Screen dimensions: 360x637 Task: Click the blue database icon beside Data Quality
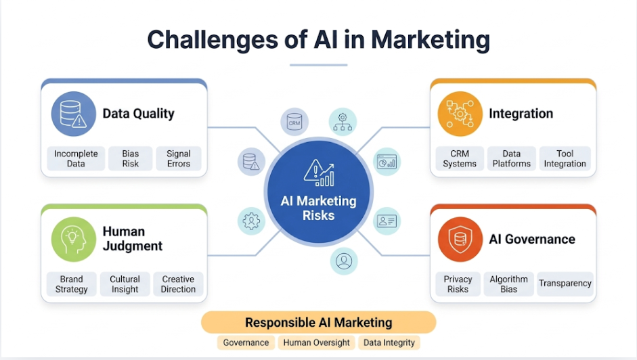[x=73, y=114]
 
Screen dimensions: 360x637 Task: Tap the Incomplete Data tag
[x=76, y=158]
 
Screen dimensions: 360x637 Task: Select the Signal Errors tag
[x=179, y=158]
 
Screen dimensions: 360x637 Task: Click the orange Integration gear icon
[x=460, y=114]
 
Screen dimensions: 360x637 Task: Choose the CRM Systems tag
[x=460, y=158]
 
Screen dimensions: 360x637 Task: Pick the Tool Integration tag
[x=565, y=158]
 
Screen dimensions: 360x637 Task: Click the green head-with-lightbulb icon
[x=73, y=239]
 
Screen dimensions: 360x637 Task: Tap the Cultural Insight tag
[x=125, y=284]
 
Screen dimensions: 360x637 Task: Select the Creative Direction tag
[x=178, y=284]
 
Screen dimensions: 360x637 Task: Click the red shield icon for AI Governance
[x=460, y=239]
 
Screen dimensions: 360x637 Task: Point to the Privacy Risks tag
[x=458, y=284]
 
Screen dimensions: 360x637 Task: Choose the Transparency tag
[x=565, y=284]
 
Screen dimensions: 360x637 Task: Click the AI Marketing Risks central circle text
[x=318, y=208]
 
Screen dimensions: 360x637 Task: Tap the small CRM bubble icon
[x=294, y=123]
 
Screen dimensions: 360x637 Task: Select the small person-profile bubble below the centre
[x=344, y=261]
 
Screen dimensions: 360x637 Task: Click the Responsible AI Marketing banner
[x=318, y=322]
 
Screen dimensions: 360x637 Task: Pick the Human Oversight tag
[x=317, y=342]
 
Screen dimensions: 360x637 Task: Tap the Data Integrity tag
[x=389, y=342]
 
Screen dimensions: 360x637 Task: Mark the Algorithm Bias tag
[x=509, y=284]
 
